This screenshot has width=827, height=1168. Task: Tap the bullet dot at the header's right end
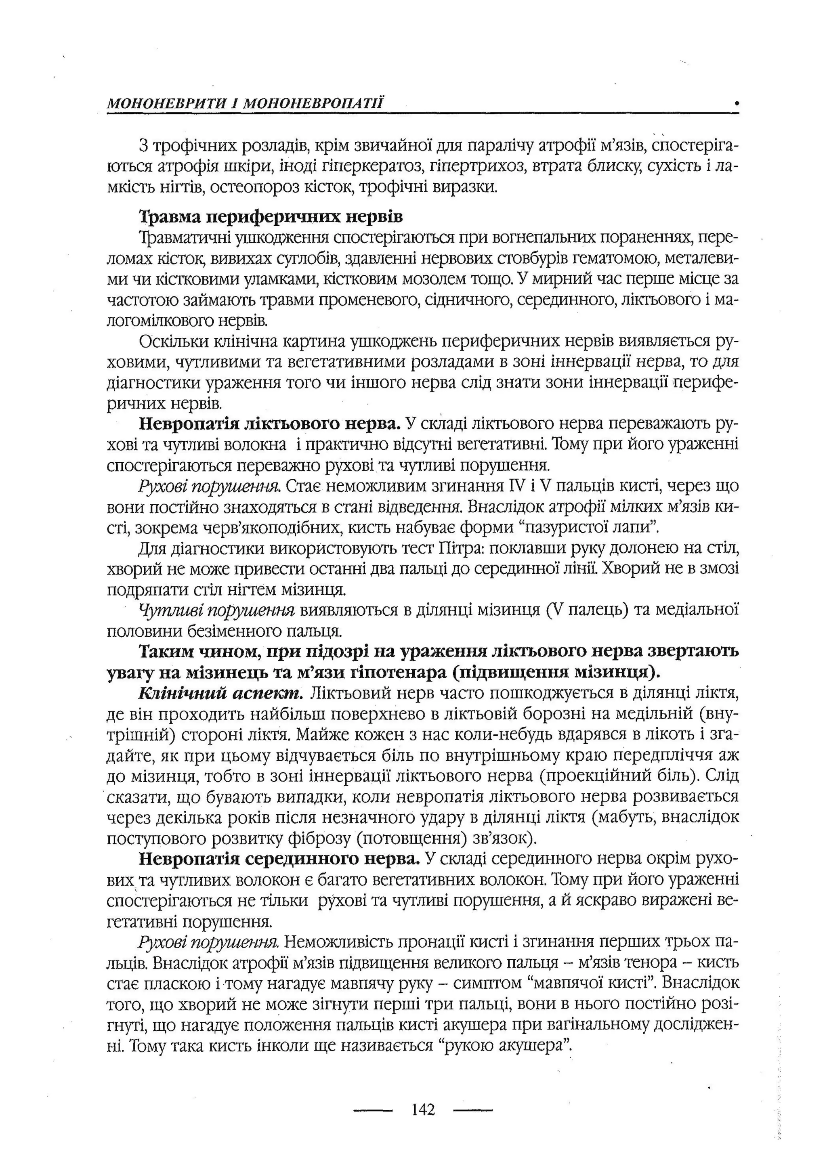(x=737, y=103)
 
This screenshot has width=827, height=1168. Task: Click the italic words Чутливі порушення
(x=216, y=610)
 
